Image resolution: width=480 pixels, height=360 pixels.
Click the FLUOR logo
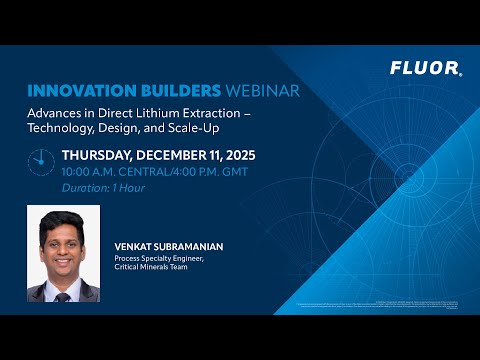click(425, 70)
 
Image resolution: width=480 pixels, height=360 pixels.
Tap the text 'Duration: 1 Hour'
click(100, 187)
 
